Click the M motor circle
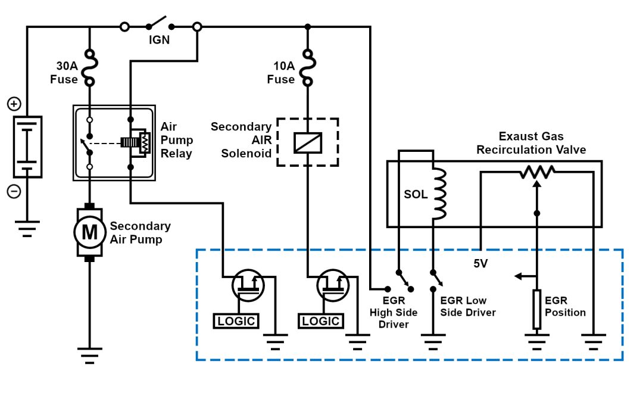[x=89, y=232]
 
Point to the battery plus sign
[x=14, y=104]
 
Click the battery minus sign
[x=14, y=192]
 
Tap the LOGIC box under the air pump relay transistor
[x=236, y=321]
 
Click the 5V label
[x=480, y=263]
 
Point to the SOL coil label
[x=416, y=194]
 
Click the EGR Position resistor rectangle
[x=536, y=309]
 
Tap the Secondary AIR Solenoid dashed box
[x=308, y=143]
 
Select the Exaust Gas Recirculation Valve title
[x=531, y=144]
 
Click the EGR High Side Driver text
[x=394, y=313]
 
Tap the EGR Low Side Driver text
[x=467, y=307]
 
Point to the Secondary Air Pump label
[x=140, y=232]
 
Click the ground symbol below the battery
[x=27, y=228]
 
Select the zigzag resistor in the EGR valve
[x=537, y=172]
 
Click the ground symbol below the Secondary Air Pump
[x=89, y=354]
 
